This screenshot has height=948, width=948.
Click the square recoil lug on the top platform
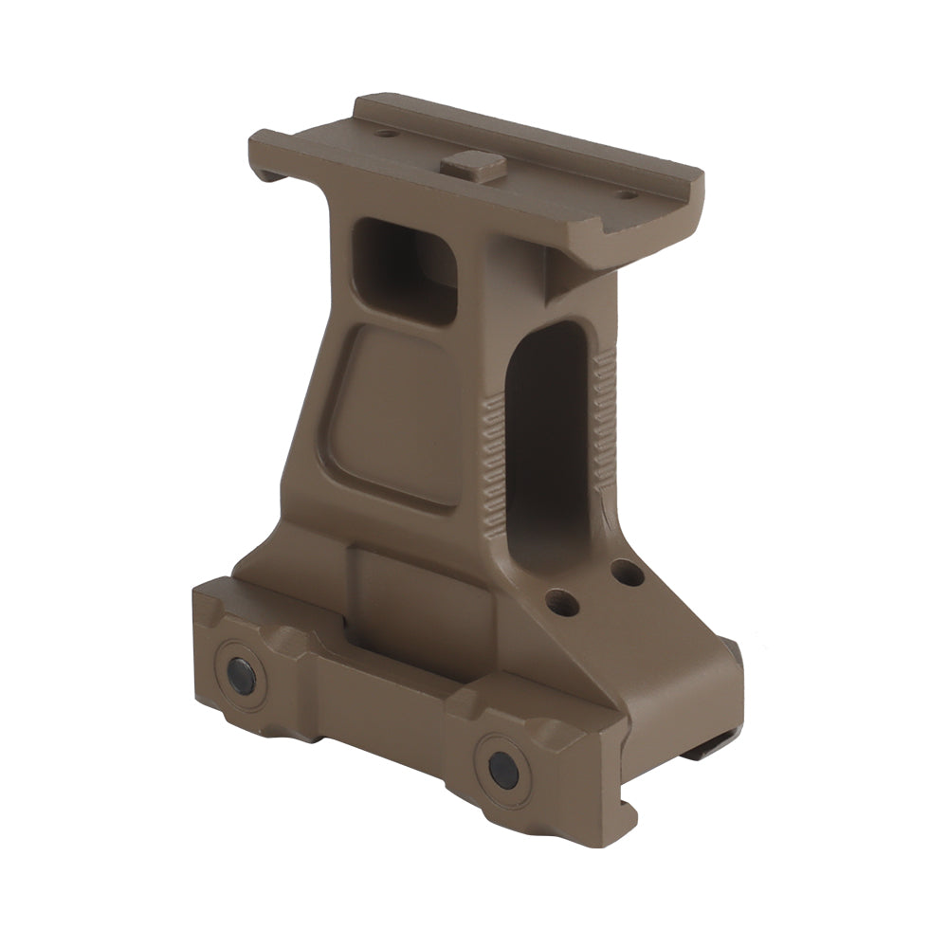click(472, 166)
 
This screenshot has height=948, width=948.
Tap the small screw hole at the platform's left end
click(385, 134)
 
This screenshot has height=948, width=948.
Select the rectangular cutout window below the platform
click(408, 270)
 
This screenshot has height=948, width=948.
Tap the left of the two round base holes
click(561, 601)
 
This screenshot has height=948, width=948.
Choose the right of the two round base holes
click(627, 572)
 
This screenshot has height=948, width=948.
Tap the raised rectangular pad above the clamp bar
click(398, 588)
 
